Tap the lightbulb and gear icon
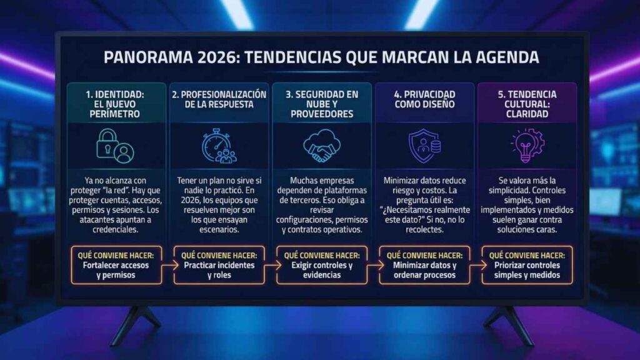tap(527, 145)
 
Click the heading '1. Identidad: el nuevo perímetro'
tap(116, 104)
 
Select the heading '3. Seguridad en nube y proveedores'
tap(322, 104)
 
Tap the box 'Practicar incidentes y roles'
tap(219, 265)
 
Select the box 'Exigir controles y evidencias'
tap(322, 265)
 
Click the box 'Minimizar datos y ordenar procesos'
tap(424, 265)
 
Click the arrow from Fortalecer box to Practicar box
tap(167, 265)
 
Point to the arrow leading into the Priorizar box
tap(476, 265)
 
